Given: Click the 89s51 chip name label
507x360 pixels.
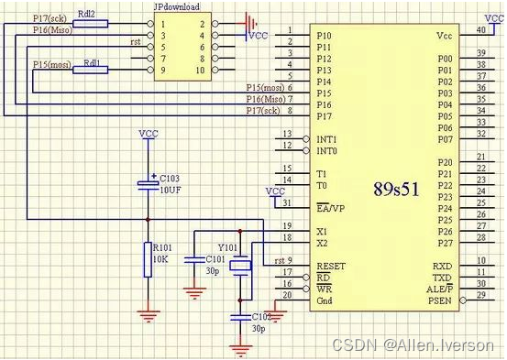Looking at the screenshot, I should [x=396, y=190].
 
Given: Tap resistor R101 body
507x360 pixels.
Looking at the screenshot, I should [x=147, y=259].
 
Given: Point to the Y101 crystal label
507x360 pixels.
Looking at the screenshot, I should [x=227, y=246].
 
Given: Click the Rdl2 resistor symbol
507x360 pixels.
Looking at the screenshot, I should [x=88, y=22].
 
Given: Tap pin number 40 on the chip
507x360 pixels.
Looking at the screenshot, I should [x=479, y=30].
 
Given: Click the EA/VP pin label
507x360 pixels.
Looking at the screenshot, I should [x=330, y=207].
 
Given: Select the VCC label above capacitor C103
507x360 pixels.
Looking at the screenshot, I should [x=148, y=134].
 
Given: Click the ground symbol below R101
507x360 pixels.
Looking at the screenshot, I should [x=147, y=315].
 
